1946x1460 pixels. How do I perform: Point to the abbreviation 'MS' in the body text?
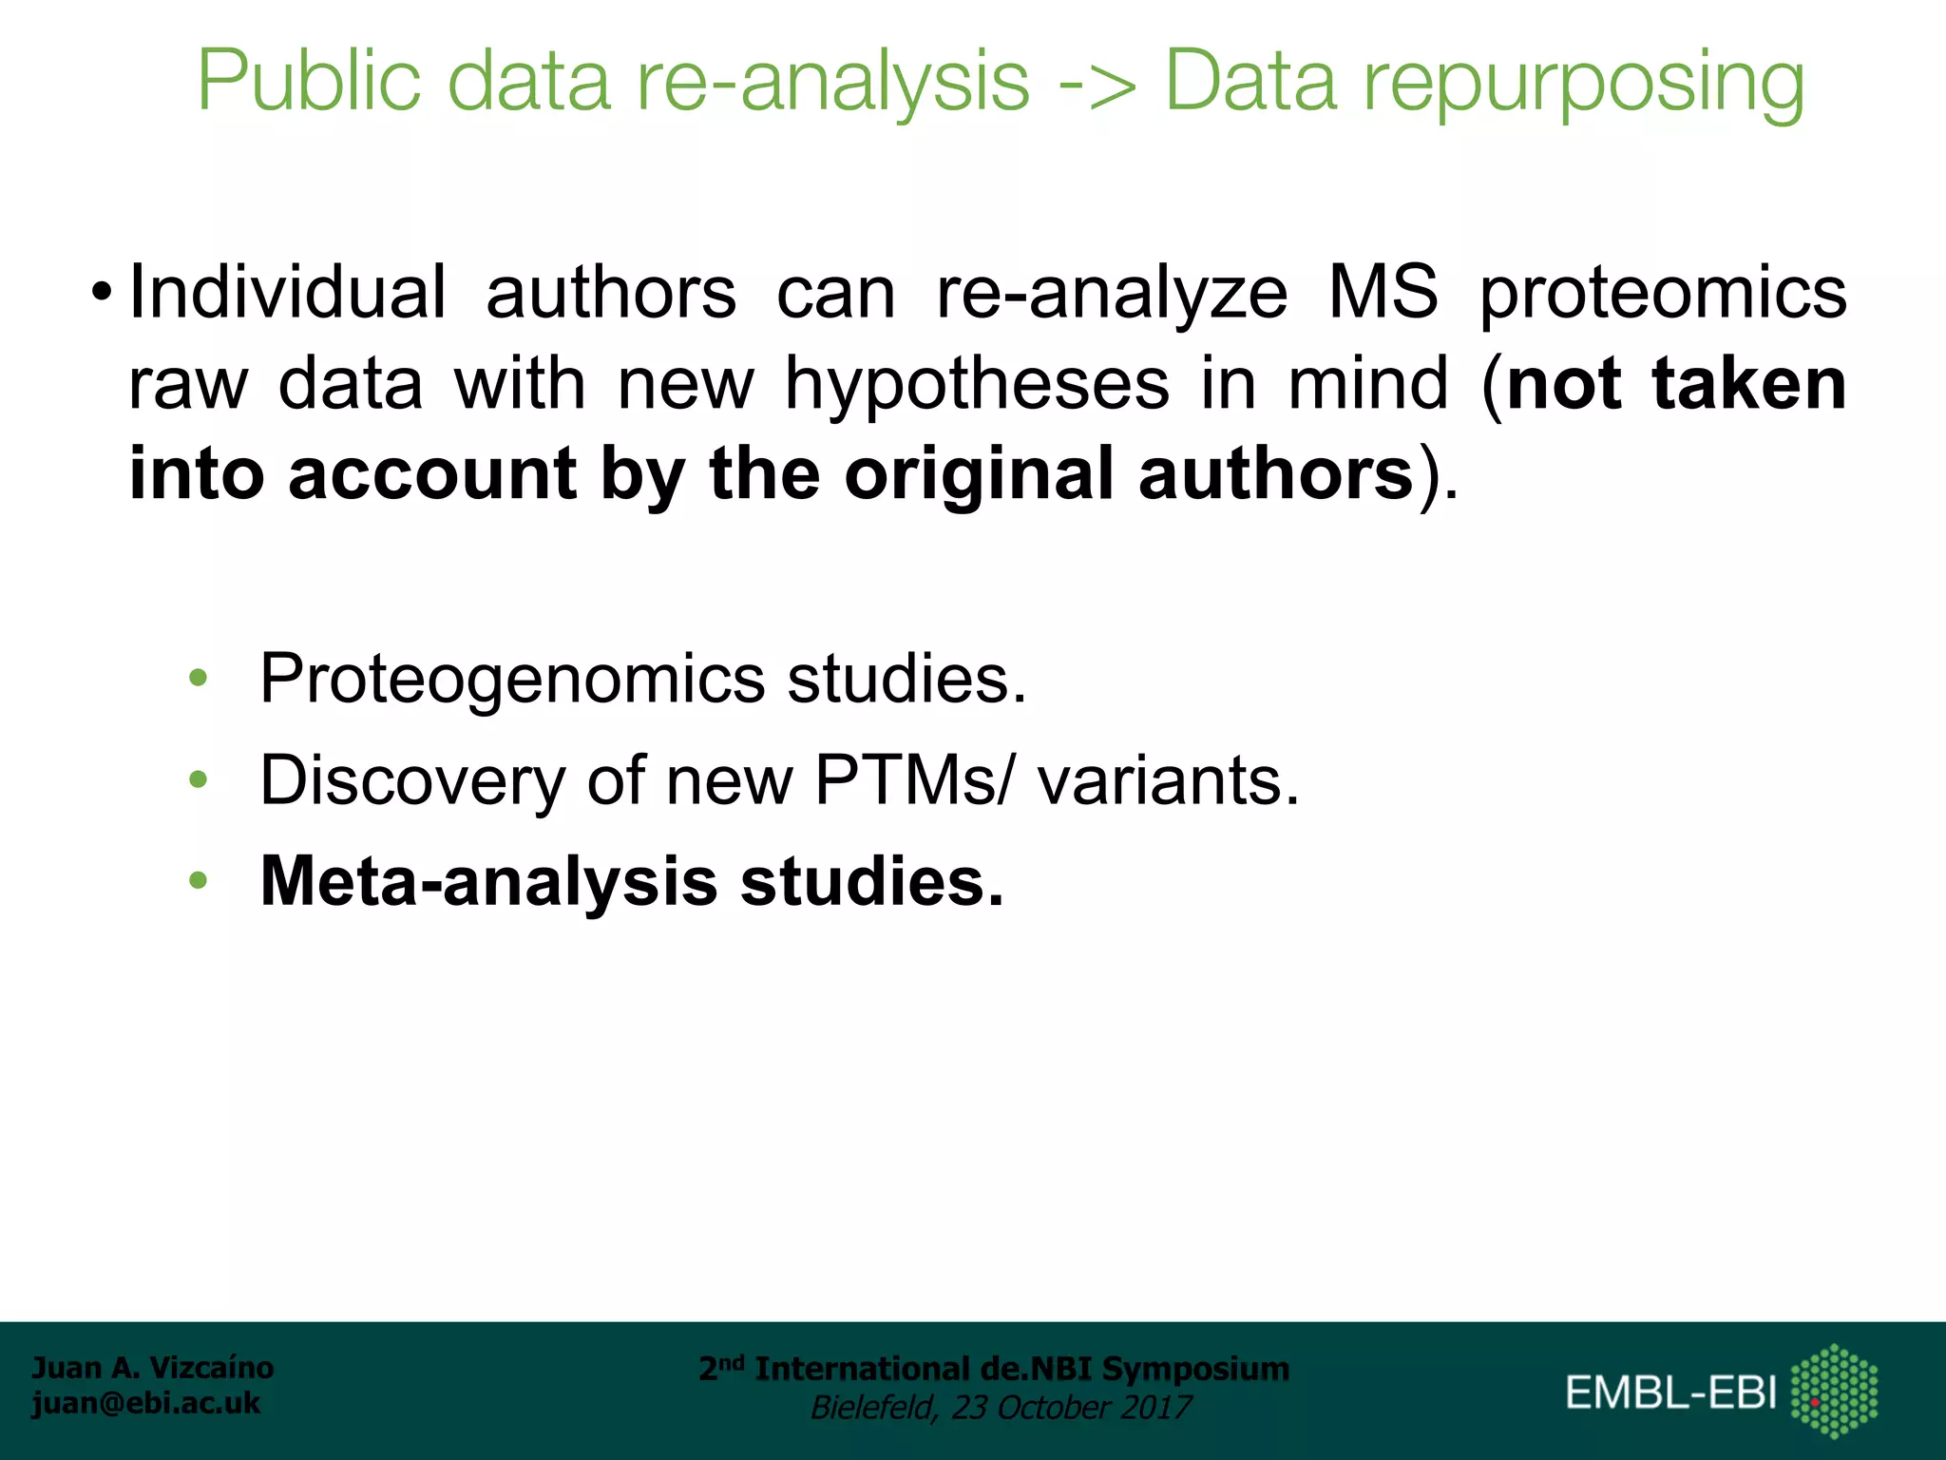pyautogui.click(x=1383, y=292)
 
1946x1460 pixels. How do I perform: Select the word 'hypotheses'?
pyautogui.click(x=977, y=385)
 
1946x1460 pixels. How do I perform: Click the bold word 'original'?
pyautogui.click(x=979, y=475)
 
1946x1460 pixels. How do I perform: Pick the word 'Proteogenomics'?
pyautogui.click(x=512, y=681)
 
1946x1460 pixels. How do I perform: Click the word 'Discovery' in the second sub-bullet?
pyautogui.click(x=412, y=782)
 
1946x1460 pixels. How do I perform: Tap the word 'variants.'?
pyautogui.click(x=1168, y=780)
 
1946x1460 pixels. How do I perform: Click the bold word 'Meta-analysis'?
pyautogui.click(x=488, y=883)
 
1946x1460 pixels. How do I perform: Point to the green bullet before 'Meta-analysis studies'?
pyautogui.click(x=198, y=881)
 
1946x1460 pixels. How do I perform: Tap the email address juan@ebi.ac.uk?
pyautogui.click(x=145, y=1403)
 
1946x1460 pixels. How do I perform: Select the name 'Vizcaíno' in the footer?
pyautogui.click(x=212, y=1368)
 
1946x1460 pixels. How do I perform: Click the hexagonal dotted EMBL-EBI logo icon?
pyautogui.click(x=1833, y=1391)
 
